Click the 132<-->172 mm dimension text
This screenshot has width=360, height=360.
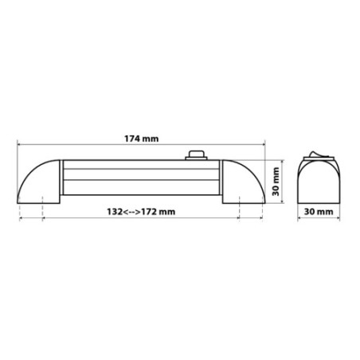click(141, 213)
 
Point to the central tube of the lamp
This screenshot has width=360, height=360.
click(141, 180)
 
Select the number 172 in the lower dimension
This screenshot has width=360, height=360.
click(152, 213)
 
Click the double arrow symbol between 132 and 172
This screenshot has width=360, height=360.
click(132, 213)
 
